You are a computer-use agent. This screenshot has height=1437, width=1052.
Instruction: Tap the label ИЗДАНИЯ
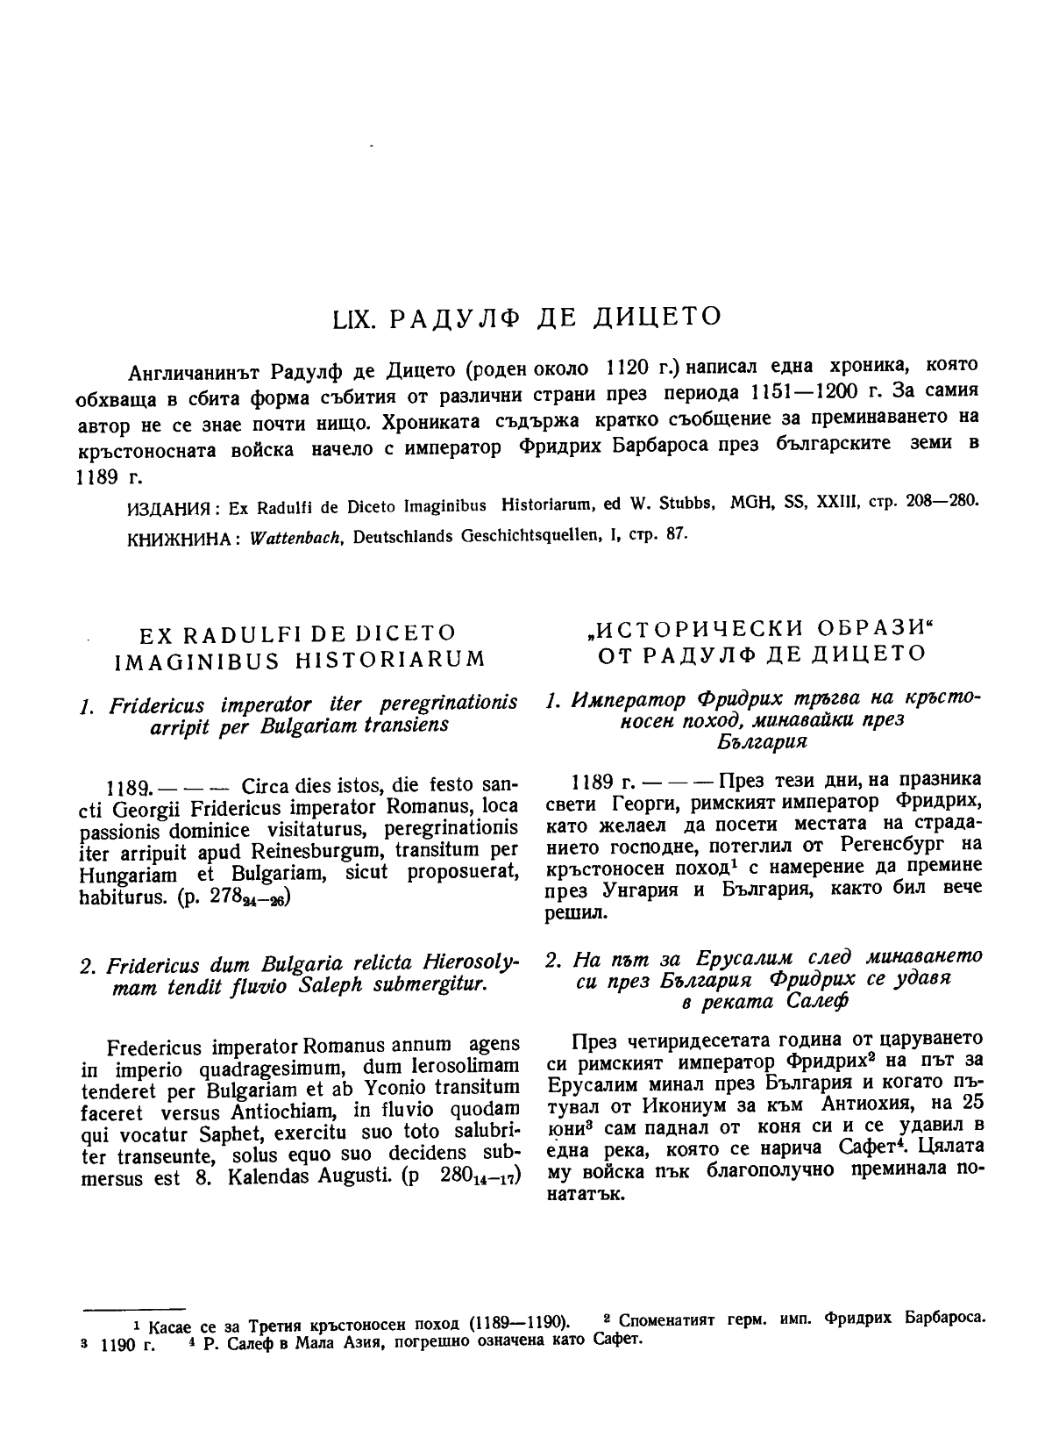166,508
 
